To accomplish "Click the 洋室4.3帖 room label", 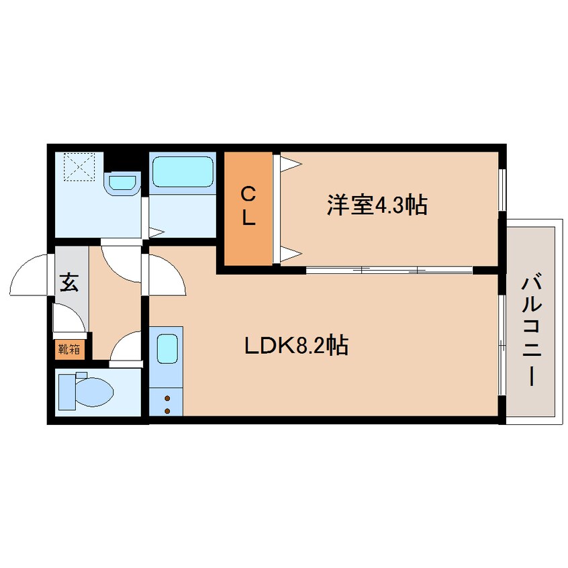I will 377,204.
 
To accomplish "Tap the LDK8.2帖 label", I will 295,346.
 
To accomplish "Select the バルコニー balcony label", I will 531,330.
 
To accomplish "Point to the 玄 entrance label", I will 69,283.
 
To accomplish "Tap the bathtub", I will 181,172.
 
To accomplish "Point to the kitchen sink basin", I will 166,350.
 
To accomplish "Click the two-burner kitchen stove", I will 166,404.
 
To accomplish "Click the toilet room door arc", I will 124,349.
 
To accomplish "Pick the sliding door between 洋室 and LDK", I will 389,270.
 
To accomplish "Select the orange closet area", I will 248,208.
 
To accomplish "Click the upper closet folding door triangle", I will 289,163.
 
